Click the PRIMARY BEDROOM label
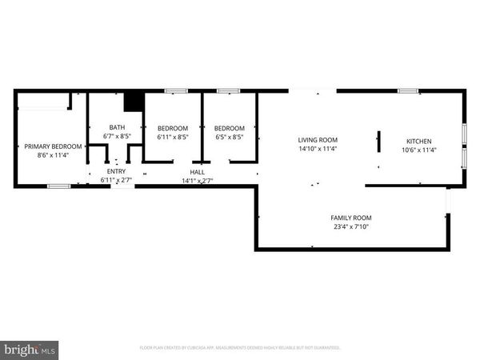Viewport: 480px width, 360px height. [53, 146]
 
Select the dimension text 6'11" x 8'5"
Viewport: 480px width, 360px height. [172, 137]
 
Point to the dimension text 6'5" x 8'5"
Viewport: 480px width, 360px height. [228, 137]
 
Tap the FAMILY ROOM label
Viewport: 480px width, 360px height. [351, 218]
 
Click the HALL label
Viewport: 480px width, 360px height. [197, 172]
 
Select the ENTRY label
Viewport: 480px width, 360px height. [116, 172]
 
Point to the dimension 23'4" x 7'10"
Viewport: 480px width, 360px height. [351, 226]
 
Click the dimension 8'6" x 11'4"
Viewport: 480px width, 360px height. [53, 155]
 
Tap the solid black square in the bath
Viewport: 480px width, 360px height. [134, 102]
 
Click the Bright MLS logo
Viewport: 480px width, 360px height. [30, 349]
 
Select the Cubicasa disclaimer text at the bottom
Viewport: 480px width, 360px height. [240, 348]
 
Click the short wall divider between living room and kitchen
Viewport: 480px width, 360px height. [379, 142]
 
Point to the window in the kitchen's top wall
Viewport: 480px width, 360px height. [408, 91]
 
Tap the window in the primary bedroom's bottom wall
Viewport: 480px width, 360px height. [58, 186]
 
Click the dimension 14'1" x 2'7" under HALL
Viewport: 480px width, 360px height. [197, 181]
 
